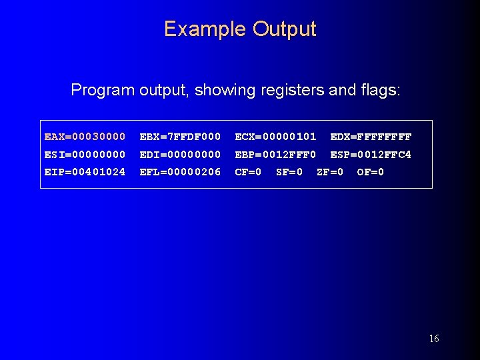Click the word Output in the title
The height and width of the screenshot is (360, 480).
point(284,29)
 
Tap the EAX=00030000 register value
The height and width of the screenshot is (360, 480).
point(85,137)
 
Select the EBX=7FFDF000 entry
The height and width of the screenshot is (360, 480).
point(180,137)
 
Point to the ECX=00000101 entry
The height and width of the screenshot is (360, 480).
point(275,137)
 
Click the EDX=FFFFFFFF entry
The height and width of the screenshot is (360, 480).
point(371,137)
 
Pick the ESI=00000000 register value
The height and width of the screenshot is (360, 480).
point(85,155)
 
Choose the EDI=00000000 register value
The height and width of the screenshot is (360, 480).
point(180,155)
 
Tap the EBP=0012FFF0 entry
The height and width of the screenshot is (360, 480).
point(275,155)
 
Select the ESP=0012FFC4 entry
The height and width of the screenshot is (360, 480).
point(371,155)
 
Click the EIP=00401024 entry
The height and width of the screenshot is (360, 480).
point(85,172)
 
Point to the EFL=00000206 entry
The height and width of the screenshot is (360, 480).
point(180,172)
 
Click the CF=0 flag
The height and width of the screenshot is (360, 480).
point(248,172)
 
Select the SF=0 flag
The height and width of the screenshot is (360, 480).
point(289,172)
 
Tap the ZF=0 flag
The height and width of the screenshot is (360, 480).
point(330,172)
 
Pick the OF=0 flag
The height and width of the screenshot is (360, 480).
point(371,172)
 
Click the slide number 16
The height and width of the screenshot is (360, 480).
point(434,339)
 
